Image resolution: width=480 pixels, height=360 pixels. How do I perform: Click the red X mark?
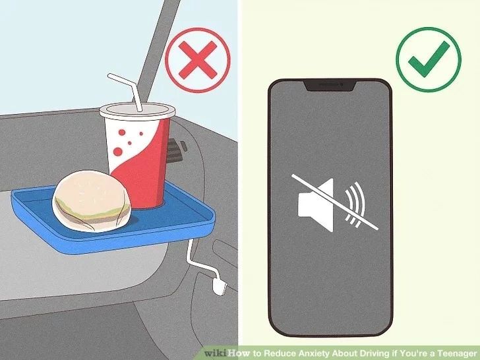coord(198,60)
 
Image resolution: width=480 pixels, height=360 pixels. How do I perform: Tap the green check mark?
coord(429,59)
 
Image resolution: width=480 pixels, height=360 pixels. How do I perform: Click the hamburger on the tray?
coord(92,201)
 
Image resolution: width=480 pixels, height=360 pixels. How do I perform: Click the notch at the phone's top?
coord(330,85)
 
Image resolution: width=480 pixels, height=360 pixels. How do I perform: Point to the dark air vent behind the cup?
coord(176,151)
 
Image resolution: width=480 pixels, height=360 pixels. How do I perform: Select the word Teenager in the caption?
coord(456,353)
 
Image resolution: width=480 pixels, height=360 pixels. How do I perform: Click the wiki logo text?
coord(216,353)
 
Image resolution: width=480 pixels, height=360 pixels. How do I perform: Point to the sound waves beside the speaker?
coord(355,204)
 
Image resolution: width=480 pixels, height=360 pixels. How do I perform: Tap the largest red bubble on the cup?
coord(118,151)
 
